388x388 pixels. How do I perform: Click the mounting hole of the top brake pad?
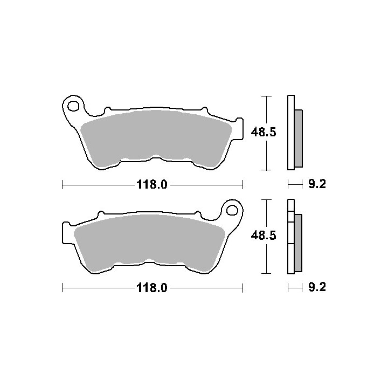point(73,106)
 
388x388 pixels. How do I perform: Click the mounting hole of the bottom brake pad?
point(232,210)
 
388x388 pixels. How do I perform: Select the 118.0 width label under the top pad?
point(152,185)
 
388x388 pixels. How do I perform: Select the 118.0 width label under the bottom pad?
point(152,288)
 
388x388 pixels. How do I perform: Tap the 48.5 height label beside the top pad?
point(264,133)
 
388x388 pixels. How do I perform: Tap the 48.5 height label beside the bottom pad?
point(264,235)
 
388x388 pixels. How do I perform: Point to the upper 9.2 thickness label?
point(317,184)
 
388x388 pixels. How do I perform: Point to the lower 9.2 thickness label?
point(317,287)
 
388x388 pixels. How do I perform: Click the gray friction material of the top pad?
point(156,138)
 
